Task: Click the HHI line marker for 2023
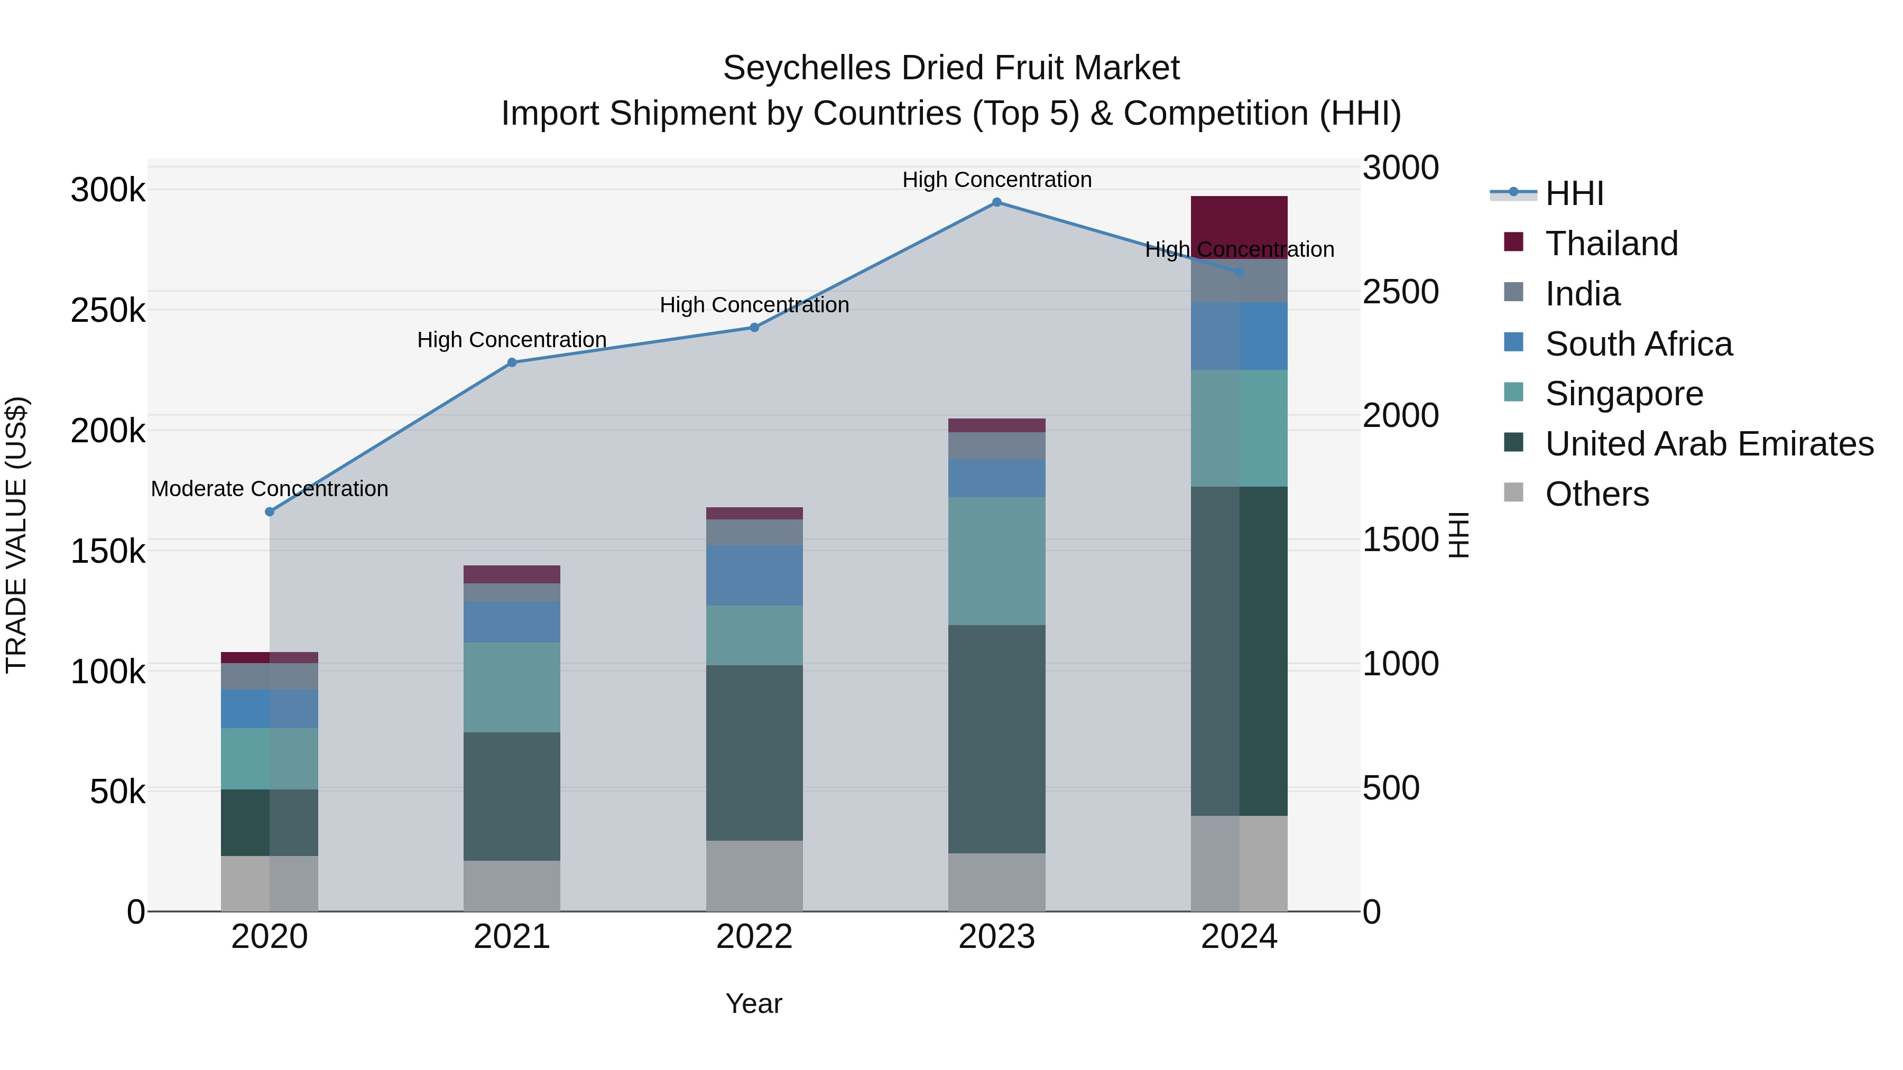click(x=996, y=202)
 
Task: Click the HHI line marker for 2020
click(x=270, y=511)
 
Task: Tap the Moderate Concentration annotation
click(x=270, y=489)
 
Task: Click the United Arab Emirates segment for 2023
click(x=996, y=739)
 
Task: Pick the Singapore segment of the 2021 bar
click(x=511, y=687)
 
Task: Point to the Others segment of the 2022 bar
click(x=754, y=875)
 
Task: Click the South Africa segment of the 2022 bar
click(x=754, y=575)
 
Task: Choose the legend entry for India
click(x=1582, y=294)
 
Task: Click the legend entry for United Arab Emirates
click(x=1708, y=444)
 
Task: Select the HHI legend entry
click(x=1574, y=193)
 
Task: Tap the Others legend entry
click(x=1596, y=494)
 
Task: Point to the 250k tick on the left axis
click(x=108, y=310)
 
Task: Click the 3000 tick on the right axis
click(x=1400, y=168)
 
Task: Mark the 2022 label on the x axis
click(x=754, y=937)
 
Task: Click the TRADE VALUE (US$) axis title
click(x=16, y=535)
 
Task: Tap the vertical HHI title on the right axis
click(x=1458, y=535)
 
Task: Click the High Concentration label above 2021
click(x=511, y=340)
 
